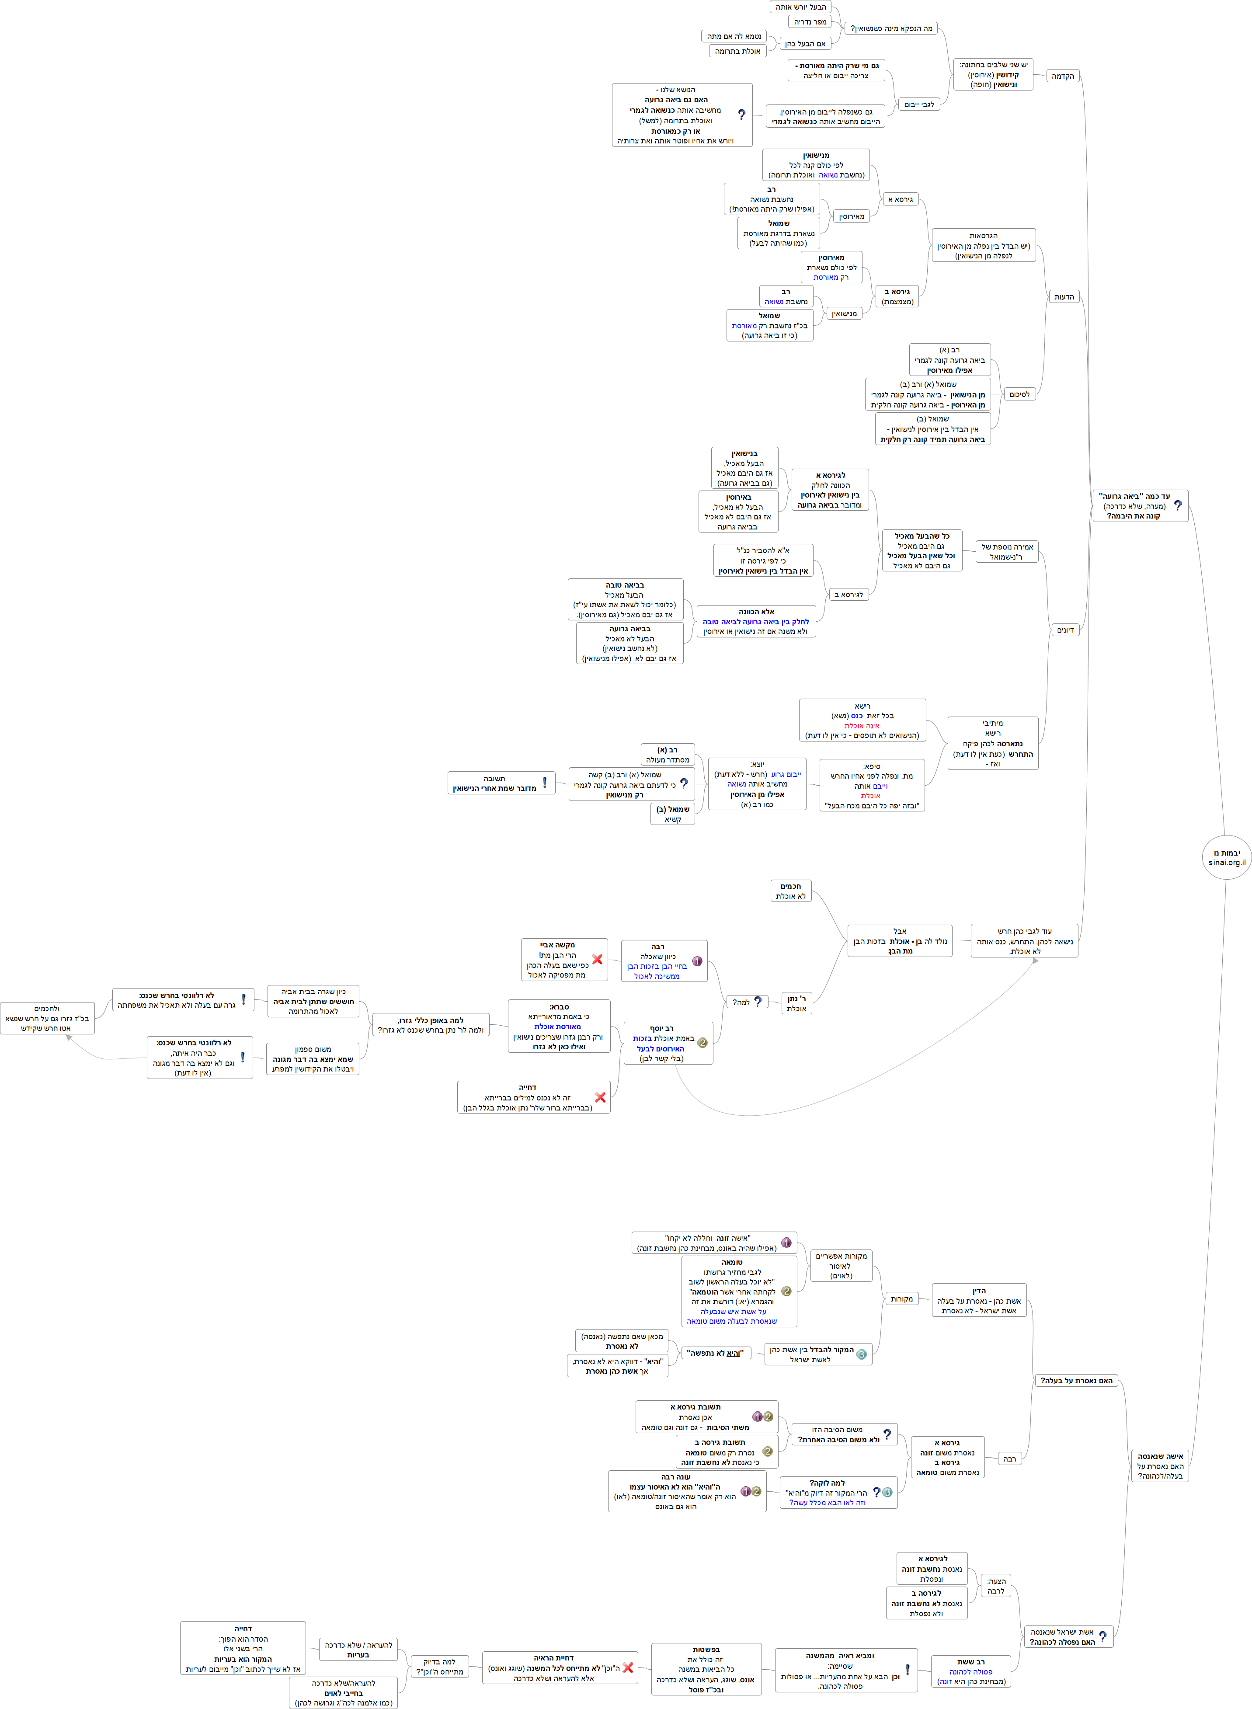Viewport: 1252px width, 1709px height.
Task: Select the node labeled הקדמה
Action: (1063, 76)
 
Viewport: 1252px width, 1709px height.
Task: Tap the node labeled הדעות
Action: (1064, 296)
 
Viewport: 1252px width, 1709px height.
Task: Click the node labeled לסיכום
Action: (1019, 394)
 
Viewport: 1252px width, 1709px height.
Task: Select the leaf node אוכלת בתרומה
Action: (737, 51)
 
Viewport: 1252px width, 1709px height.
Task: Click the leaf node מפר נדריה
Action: (810, 22)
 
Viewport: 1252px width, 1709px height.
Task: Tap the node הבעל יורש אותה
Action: (800, 7)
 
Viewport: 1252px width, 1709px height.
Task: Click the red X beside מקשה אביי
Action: (597, 959)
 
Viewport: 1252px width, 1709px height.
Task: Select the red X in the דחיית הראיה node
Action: (627, 1667)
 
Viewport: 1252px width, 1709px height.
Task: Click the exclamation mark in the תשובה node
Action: (544, 782)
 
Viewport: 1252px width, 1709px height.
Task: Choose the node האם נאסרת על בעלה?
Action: (1076, 1380)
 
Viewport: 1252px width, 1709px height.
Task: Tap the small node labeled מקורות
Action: (901, 1298)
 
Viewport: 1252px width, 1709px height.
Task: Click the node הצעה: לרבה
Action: (996, 1585)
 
